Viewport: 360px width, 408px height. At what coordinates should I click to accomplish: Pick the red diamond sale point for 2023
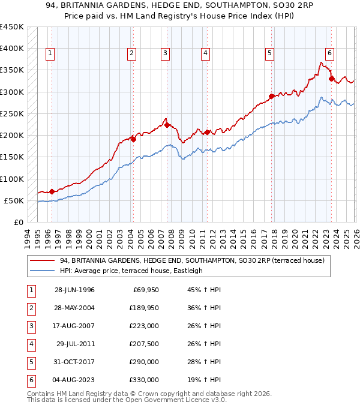[x=331, y=78]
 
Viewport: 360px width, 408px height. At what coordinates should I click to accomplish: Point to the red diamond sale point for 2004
[x=133, y=139]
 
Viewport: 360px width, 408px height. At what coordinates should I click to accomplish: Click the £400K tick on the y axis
[x=12, y=49]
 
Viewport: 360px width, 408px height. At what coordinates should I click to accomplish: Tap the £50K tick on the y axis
[x=14, y=200]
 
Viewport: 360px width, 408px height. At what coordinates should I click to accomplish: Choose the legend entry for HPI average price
[x=131, y=271]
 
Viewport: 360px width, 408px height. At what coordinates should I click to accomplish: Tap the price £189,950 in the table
[x=143, y=308]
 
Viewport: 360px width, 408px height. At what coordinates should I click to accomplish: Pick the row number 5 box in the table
[x=30, y=362]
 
